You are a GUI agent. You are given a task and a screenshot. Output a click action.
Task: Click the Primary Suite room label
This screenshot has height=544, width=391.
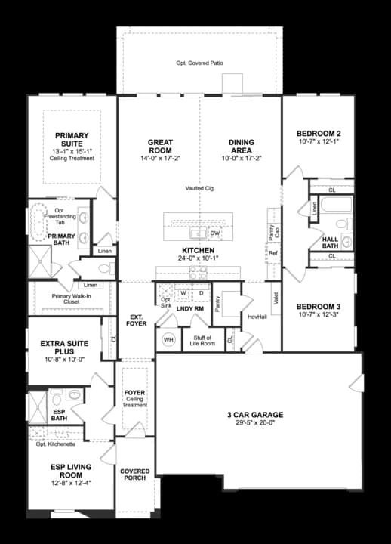[x=72, y=140]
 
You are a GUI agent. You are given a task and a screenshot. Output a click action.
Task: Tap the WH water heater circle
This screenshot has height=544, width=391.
[x=168, y=340]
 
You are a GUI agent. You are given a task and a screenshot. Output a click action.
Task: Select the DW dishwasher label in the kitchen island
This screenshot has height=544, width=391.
[x=215, y=233]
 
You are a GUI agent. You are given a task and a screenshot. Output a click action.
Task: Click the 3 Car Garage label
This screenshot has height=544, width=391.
[x=255, y=415]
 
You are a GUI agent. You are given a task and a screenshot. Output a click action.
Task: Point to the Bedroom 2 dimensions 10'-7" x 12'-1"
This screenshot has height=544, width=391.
[x=319, y=141]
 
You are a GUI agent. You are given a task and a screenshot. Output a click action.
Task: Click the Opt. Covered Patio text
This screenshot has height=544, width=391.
[x=199, y=63]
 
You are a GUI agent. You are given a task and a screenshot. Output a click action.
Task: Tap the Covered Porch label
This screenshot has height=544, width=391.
[x=135, y=474]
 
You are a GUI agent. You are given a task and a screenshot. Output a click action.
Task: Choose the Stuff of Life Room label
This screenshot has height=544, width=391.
[x=202, y=340]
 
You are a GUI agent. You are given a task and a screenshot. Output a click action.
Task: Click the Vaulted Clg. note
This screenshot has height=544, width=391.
[x=200, y=188]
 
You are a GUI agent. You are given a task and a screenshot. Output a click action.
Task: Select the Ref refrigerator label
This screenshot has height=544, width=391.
[x=272, y=253]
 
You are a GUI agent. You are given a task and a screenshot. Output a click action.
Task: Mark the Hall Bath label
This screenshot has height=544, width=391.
[x=330, y=243]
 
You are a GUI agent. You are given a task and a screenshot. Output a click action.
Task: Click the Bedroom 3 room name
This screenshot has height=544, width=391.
[x=319, y=307]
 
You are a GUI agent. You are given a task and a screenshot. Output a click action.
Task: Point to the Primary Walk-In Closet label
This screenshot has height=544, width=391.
[x=72, y=299]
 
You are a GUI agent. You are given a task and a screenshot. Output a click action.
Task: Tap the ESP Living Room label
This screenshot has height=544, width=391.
[x=71, y=471]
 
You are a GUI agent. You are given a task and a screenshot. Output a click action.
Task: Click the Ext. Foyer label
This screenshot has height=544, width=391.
[x=136, y=320]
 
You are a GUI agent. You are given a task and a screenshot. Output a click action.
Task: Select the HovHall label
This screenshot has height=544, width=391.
[x=257, y=317]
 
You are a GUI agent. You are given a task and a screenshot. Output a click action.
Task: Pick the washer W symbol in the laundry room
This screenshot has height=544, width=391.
[x=183, y=293]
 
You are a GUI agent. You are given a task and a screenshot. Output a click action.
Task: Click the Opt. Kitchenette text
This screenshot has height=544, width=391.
[x=56, y=444]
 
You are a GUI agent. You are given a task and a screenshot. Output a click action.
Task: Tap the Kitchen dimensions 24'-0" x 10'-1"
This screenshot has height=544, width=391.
[x=199, y=258]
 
